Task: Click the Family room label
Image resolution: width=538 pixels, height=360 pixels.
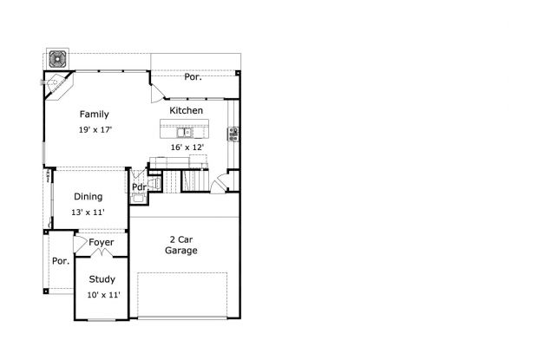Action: tap(94, 115)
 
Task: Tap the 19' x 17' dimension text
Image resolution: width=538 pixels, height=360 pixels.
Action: tap(95, 130)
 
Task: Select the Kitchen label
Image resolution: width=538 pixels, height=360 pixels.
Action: tap(186, 110)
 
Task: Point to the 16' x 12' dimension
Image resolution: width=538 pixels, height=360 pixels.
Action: tap(187, 147)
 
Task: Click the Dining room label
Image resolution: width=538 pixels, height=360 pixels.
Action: tap(89, 197)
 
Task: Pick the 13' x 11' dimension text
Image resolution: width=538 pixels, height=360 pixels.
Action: tap(88, 213)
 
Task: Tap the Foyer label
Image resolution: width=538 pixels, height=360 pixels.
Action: tap(102, 242)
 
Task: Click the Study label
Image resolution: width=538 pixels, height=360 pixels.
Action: tap(102, 279)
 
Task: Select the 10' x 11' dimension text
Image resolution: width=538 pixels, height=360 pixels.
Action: tap(103, 295)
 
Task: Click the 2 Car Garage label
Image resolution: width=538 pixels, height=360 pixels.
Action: tap(181, 245)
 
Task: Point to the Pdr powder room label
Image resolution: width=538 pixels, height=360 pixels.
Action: tap(140, 187)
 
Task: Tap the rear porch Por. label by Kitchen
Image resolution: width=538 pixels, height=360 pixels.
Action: tap(193, 77)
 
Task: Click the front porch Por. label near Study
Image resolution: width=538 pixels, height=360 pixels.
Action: tap(61, 261)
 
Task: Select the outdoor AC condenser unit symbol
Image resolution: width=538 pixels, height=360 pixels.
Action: tap(57, 59)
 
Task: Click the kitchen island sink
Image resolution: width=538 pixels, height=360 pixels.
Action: tap(185, 132)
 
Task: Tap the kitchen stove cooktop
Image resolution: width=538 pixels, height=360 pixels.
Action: tap(233, 134)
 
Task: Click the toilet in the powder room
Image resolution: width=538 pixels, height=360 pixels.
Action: tap(154, 183)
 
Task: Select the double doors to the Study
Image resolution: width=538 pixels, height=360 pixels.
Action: tap(102, 253)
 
